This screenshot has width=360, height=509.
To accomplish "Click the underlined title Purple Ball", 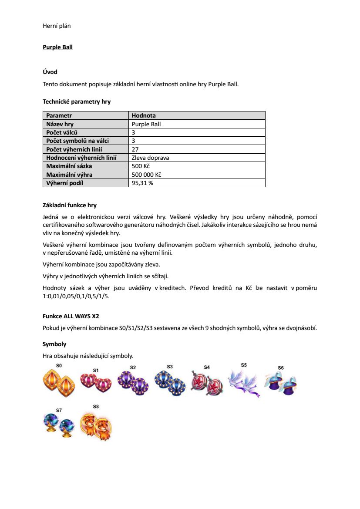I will [57, 47].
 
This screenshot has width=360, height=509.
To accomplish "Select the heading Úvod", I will [50, 72].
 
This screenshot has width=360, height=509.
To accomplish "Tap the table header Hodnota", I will [144, 115].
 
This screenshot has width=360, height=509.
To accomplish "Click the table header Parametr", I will [59, 115].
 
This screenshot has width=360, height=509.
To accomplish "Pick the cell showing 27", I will [135, 149].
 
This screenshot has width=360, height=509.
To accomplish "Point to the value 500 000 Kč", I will [146, 175].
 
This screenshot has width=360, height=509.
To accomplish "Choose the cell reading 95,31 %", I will [142, 183].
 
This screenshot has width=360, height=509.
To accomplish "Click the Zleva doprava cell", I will [150, 158].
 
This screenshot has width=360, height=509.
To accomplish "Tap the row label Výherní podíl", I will [64, 183].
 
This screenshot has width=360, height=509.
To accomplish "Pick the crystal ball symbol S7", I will [58, 425].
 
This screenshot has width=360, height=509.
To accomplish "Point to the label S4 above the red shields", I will [207, 367].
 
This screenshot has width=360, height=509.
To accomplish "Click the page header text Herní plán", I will [57, 26].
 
